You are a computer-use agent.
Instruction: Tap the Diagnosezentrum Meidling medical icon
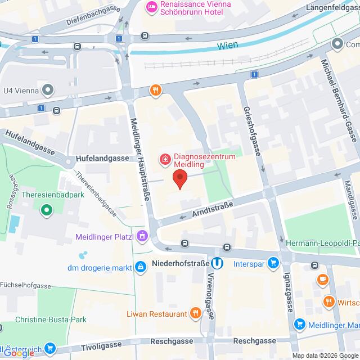click(x=165, y=159)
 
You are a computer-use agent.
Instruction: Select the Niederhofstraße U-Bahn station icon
click(x=217, y=263)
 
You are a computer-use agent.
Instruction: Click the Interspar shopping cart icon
click(x=273, y=263)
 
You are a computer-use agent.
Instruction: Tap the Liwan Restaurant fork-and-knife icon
click(x=195, y=312)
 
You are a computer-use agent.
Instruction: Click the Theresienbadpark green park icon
click(x=46, y=211)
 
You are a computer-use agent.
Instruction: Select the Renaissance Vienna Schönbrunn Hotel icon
click(x=151, y=7)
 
